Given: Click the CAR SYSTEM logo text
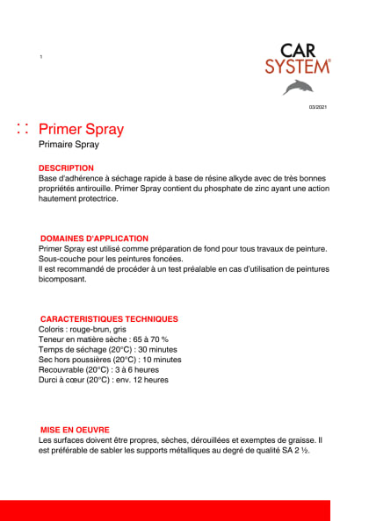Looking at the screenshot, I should pos(298,59).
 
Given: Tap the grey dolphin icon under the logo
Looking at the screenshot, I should pos(297,87).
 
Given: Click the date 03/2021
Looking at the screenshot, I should pos(317,107).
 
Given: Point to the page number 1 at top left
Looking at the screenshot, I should pos(40,57).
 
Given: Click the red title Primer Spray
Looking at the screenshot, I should pos(82,130).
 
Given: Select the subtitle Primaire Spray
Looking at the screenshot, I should pos(69,145).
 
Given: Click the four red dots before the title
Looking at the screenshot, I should pos(23,130).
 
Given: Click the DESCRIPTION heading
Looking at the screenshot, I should pos(66,168).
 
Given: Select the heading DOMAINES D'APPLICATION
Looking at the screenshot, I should pos(95,239).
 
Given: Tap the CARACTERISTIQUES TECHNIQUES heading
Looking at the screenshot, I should pos(110,319).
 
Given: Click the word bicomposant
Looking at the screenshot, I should pos(63,280).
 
